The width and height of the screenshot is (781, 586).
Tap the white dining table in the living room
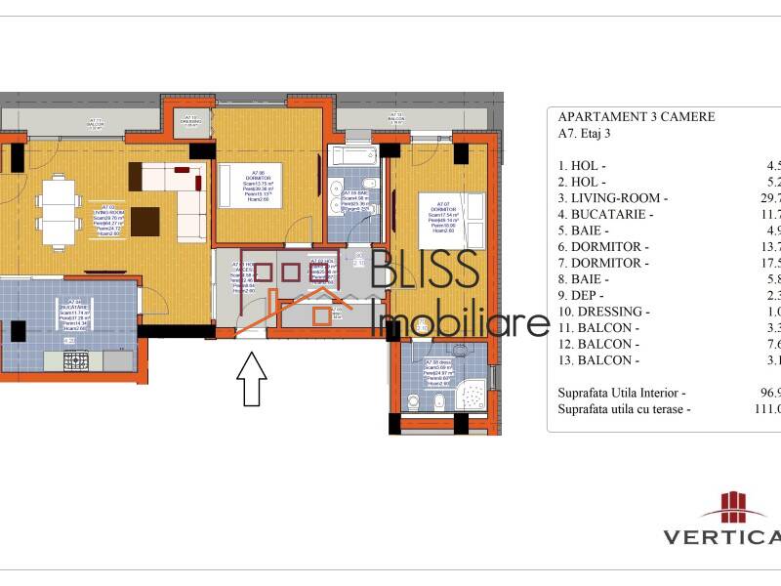point(60,206)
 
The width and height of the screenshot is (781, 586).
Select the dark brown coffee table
point(146,222)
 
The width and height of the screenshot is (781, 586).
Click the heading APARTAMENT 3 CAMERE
point(636,117)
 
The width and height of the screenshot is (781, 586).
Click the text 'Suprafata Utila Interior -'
point(622,393)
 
